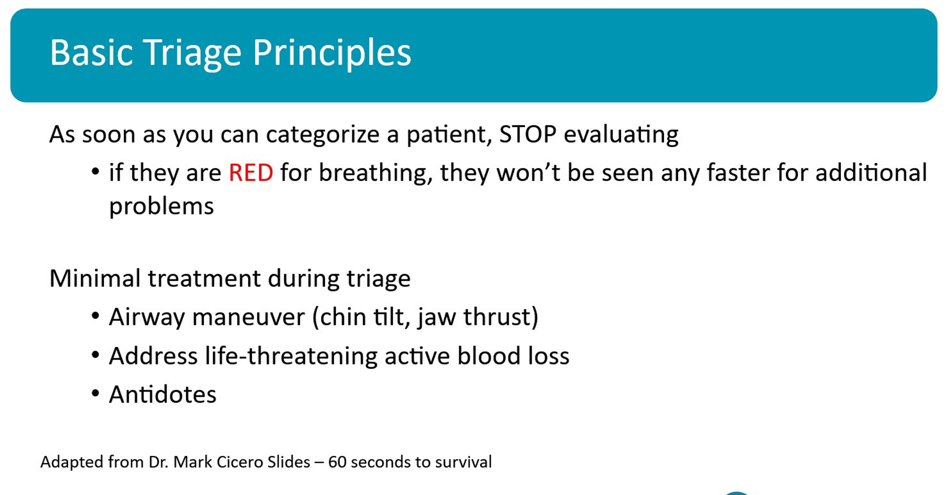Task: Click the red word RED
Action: (251, 172)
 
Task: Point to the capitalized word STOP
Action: (527, 134)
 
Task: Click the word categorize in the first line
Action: (322, 135)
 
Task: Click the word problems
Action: (161, 206)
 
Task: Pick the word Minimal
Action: (95, 278)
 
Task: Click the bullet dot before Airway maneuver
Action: (96, 316)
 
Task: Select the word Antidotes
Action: (163, 394)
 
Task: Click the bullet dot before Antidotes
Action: (96, 394)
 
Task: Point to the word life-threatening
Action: (291, 356)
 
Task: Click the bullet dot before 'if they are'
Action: (96, 172)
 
